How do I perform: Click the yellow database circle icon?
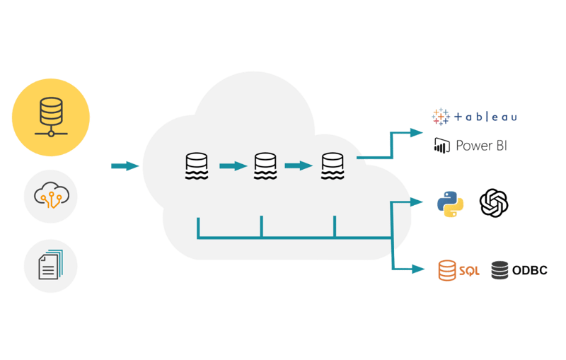(x=51, y=117)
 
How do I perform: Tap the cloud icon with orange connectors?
(x=50, y=197)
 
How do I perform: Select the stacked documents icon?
(x=50, y=266)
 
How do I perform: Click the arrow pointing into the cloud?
(x=126, y=166)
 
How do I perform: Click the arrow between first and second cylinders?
(x=232, y=166)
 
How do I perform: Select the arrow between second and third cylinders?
(x=299, y=166)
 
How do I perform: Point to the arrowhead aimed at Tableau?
(x=417, y=132)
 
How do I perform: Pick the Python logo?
(x=451, y=204)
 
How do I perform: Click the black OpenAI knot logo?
(x=495, y=204)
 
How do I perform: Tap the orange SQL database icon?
(x=446, y=270)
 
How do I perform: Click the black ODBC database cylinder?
(x=499, y=270)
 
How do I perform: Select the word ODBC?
(x=530, y=270)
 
